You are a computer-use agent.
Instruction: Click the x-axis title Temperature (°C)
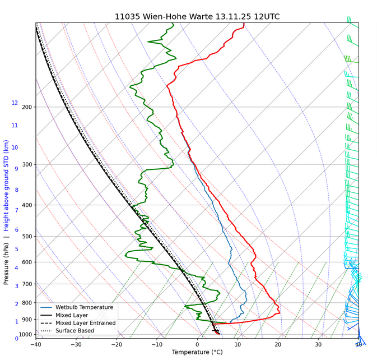[197, 352]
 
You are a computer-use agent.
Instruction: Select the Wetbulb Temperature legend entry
[84, 307]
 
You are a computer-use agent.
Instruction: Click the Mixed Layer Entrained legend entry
[85, 323]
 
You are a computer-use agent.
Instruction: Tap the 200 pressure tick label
[27, 107]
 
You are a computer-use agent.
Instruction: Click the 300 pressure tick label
[27, 165]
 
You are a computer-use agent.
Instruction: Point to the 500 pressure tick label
[27, 237]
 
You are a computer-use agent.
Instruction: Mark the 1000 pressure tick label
[25, 335]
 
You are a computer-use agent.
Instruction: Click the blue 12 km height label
[15, 103]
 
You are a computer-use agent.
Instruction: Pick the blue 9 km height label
[16, 169]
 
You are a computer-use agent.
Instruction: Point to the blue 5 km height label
[16, 249]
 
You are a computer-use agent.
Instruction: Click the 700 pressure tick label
[27, 284]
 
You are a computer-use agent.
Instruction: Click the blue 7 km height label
[16, 210]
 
